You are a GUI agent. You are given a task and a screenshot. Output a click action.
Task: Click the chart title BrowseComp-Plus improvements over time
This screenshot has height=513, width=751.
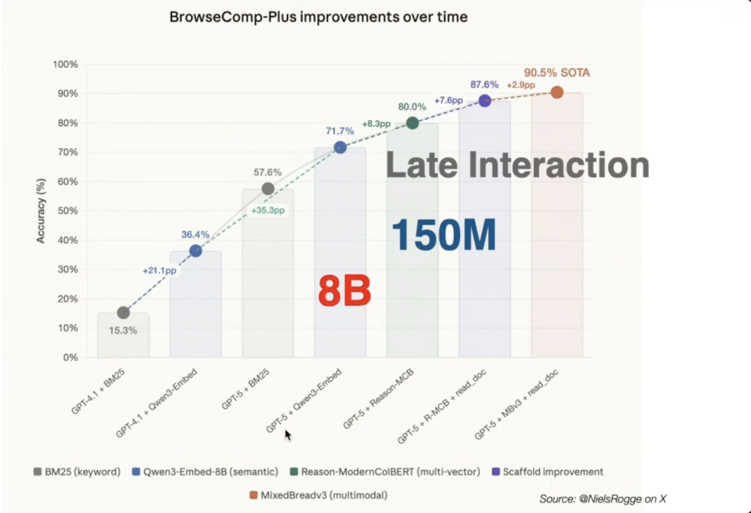point(318,17)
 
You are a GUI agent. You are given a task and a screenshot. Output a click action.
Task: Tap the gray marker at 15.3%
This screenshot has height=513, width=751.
point(123,312)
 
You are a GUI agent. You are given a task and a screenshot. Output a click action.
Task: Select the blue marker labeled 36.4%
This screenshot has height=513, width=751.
point(195,251)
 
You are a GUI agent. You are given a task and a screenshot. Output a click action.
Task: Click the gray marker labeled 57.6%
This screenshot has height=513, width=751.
point(268,189)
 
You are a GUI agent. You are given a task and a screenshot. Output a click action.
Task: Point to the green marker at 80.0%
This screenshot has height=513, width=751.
point(412,123)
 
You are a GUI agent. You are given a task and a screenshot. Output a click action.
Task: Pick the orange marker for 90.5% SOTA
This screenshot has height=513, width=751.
point(557,93)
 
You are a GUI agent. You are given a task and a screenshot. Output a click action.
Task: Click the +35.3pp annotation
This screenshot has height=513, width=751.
point(268,210)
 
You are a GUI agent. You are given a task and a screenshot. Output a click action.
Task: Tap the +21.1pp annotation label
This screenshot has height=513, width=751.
point(160,271)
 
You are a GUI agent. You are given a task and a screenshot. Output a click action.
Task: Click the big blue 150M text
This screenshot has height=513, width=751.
point(444,235)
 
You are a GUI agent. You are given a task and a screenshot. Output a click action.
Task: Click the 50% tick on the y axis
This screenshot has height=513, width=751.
point(68,211)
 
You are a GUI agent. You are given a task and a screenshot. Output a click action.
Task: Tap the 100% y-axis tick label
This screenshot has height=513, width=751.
point(65,64)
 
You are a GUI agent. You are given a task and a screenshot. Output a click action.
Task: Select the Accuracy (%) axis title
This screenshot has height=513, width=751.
point(41,211)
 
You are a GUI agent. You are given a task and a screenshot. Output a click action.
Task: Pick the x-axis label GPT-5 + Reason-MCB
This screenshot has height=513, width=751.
point(379,399)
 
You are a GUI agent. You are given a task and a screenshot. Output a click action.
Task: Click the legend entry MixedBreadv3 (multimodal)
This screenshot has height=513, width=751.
point(318,495)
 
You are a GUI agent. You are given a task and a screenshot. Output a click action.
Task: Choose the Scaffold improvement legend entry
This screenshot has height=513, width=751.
point(548,472)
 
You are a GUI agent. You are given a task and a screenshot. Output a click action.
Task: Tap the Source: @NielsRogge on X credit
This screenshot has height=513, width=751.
point(602,499)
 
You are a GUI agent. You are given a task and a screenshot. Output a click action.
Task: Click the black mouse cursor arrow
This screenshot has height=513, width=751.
point(287,435)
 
